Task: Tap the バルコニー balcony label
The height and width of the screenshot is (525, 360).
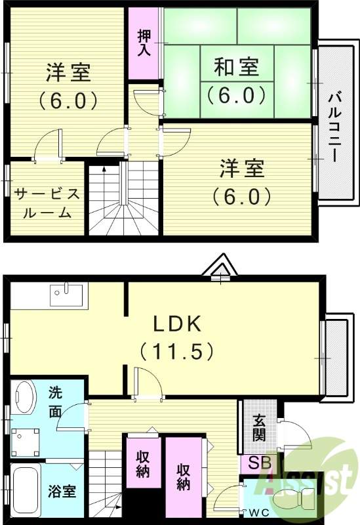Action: (x=334, y=127)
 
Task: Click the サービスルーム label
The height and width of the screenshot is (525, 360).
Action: (x=47, y=203)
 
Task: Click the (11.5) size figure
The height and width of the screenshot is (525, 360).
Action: (x=176, y=351)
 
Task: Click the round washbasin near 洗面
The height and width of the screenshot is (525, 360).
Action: (x=25, y=398)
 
